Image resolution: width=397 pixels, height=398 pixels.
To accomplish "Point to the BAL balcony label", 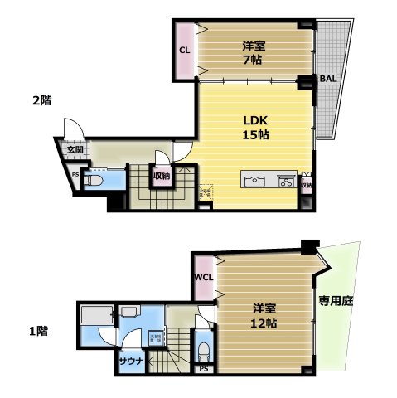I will tap(328, 80).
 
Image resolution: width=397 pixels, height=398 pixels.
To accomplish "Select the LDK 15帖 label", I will tap(254, 126).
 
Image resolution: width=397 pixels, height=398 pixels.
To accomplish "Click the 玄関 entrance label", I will tap(75, 150).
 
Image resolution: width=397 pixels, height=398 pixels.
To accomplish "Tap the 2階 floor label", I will tap(41, 100).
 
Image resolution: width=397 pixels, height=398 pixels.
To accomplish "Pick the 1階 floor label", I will tap(38, 332).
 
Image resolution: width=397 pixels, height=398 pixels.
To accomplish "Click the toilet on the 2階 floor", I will tap(93, 179).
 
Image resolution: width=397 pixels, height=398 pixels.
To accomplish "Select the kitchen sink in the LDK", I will tap(254, 181).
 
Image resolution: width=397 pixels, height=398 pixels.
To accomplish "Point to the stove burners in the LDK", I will tap(286, 181).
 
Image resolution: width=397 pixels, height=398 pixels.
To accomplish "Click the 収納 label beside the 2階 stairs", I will tap(161, 176).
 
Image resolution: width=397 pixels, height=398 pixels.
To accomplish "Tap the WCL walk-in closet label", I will tap(203, 279).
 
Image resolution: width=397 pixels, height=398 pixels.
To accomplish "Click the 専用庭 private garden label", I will tap(336, 301).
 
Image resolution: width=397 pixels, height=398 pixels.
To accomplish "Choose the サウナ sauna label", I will tap(131, 362).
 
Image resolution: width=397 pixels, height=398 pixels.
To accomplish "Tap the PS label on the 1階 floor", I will tap(203, 369).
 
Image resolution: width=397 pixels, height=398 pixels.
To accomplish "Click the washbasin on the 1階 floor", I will tap(130, 313).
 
